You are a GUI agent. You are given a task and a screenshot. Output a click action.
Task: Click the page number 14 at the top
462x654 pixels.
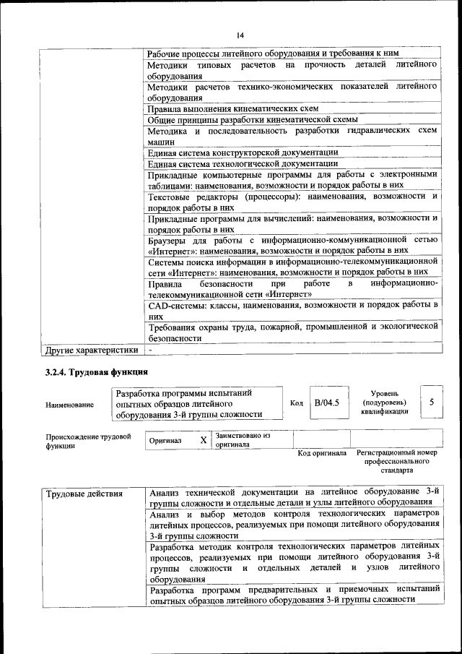click(240, 35)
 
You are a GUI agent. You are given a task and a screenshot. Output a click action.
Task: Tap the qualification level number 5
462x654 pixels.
click(431, 402)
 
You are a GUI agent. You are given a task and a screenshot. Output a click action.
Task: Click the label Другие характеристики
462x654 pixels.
click(91, 350)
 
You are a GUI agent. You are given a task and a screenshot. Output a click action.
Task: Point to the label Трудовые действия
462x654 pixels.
click(84, 495)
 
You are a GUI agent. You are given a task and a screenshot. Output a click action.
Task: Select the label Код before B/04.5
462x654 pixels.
click(296, 403)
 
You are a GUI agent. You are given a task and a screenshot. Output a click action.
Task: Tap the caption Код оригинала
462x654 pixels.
click(322, 454)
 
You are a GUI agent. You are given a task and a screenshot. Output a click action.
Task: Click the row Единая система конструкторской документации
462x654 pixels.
click(243, 152)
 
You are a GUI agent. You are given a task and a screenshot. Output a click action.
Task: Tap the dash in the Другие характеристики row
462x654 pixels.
click(150, 350)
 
